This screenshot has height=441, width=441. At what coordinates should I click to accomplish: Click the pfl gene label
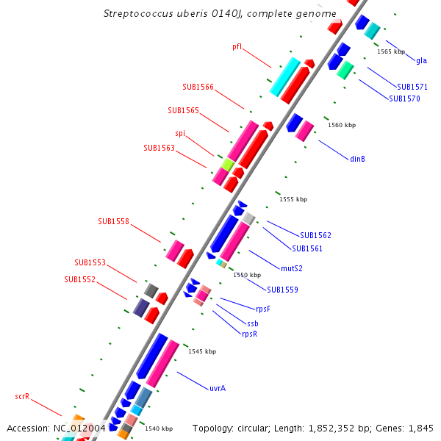click(x=237, y=47)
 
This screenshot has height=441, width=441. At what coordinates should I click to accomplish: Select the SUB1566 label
click(x=198, y=87)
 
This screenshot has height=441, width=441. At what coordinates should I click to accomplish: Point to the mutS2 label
click(x=292, y=268)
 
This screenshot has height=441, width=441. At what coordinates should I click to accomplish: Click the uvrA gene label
click(x=217, y=387)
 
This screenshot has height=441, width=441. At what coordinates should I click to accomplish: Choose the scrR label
click(x=22, y=397)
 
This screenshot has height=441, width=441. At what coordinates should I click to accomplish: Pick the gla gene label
click(x=421, y=60)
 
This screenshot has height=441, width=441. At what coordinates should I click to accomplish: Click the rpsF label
click(x=262, y=309)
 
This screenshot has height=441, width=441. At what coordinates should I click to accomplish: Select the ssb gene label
click(x=252, y=323)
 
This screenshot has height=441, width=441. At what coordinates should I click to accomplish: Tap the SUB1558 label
click(x=113, y=221)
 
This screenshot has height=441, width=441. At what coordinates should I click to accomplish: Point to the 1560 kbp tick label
click(x=342, y=125)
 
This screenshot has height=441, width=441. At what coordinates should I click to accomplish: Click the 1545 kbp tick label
click(x=202, y=351)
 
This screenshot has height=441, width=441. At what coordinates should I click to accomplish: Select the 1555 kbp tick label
click(x=293, y=199)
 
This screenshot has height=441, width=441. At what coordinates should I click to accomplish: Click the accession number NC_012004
click(x=79, y=428)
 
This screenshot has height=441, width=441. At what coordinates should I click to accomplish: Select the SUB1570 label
click(x=404, y=98)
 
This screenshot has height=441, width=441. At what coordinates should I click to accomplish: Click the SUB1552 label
click(x=79, y=279)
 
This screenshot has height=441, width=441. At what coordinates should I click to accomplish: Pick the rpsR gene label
click(x=249, y=334)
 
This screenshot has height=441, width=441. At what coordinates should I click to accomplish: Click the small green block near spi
click(x=228, y=165)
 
